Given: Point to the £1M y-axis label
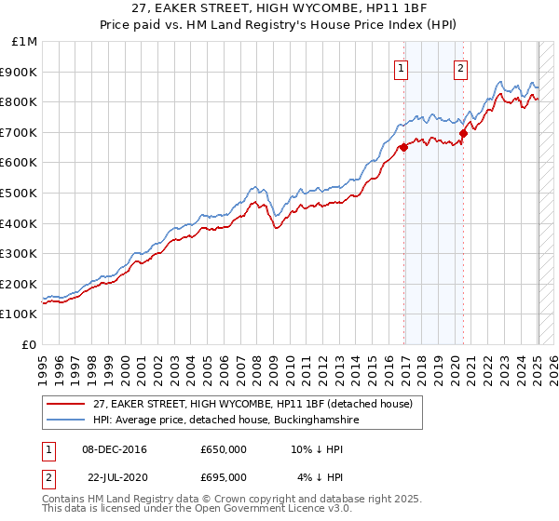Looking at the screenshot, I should tap(25, 41).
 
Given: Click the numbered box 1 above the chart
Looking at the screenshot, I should tap(401, 67).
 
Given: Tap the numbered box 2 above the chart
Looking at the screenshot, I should tap(461, 67).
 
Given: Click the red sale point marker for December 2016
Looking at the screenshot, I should tap(403, 147).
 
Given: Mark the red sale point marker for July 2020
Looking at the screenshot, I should tap(463, 134).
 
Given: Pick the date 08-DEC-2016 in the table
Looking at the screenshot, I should tap(114, 450).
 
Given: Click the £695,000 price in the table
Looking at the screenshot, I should tap(224, 476).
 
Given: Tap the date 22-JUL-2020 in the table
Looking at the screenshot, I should tap(114, 476).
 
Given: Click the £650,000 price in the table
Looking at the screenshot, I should tap(224, 450).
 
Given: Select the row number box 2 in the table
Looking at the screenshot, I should tap(48, 476).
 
